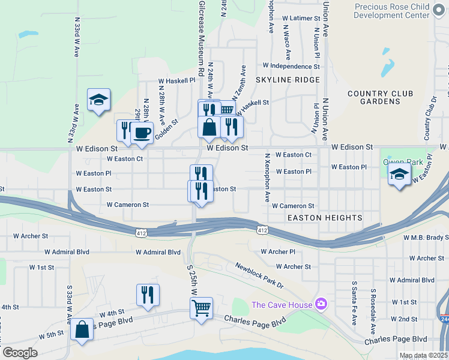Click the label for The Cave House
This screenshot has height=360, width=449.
(x=282, y=305)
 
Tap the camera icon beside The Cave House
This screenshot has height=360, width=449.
(x=321, y=305)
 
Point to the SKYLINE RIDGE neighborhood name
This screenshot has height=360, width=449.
(x=279, y=80)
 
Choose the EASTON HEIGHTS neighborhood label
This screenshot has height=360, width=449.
(x=324, y=217)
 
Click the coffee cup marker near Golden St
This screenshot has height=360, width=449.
(x=142, y=133)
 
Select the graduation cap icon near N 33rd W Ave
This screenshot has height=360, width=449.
(x=98, y=100)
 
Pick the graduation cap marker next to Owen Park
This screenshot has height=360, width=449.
(x=399, y=176)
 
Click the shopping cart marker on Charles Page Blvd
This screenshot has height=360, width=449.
(x=201, y=308)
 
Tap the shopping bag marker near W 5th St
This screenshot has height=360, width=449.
(x=82, y=329)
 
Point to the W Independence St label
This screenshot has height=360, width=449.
(x=291, y=66)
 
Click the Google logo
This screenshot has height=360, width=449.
(x=20, y=353)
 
